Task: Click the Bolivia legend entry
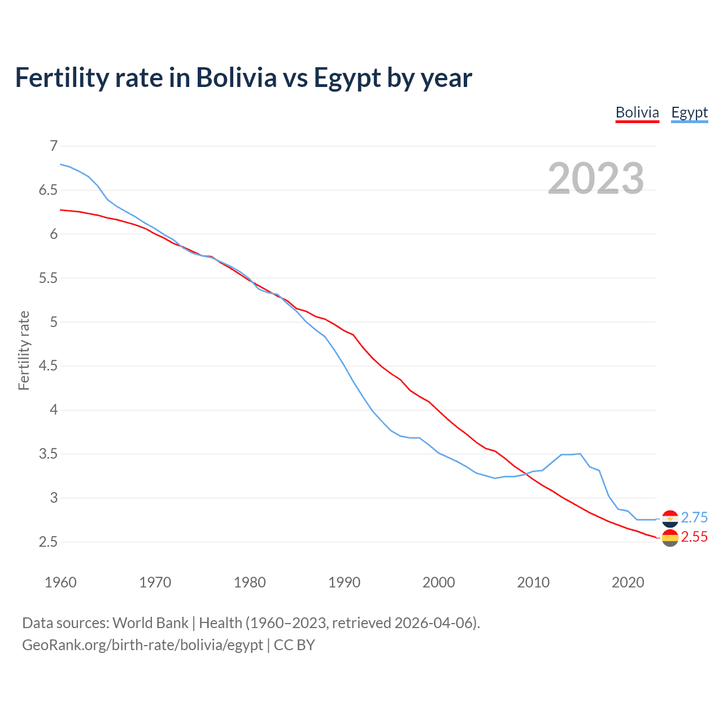(x=637, y=112)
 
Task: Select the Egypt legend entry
(x=689, y=112)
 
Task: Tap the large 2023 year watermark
(x=596, y=178)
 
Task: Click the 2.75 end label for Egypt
(x=694, y=517)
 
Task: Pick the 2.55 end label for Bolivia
(x=694, y=537)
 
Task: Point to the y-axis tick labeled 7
(x=54, y=146)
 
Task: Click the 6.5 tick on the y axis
(x=48, y=190)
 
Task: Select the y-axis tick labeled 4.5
(x=48, y=366)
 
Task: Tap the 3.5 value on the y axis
(x=48, y=454)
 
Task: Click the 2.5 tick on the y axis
(x=48, y=542)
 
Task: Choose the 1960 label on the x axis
(x=60, y=582)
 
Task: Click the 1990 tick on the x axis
(x=344, y=582)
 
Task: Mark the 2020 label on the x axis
(x=628, y=582)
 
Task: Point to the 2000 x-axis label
(x=438, y=582)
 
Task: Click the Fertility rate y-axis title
(x=24, y=350)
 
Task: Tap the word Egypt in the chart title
(x=347, y=78)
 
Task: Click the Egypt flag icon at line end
(x=670, y=518)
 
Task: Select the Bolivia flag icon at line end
(x=670, y=538)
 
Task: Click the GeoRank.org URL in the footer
(x=142, y=645)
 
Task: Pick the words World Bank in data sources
(x=150, y=623)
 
